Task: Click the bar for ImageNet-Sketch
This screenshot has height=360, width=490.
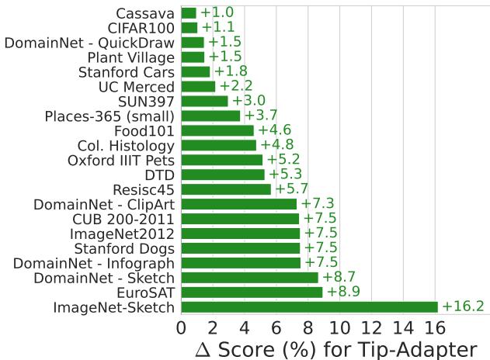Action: (x=309, y=306)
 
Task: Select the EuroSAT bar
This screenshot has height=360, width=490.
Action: (x=252, y=292)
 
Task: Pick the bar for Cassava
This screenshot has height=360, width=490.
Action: (x=189, y=12)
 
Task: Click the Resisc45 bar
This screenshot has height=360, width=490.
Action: (x=226, y=189)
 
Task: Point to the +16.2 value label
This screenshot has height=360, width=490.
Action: (x=463, y=306)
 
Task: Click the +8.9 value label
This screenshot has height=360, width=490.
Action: (x=343, y=292)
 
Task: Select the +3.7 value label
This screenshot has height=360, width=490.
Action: (x=262, y=116)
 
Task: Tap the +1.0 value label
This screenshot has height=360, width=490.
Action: (x=217, y=12)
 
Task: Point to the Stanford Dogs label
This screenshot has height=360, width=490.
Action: (x=124, y=247)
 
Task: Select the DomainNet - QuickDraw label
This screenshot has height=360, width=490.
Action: (x=90, y=42)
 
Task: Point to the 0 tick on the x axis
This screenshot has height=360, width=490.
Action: (x=181, y=327)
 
